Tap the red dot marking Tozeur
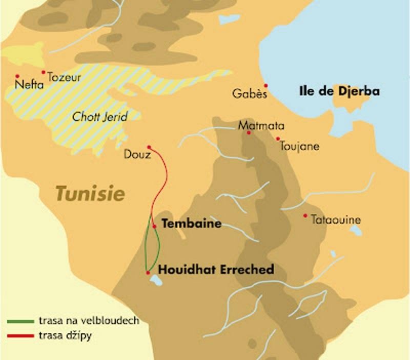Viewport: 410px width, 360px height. click(x=44, y=72)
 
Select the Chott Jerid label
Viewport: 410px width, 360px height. click(x=99, y=116)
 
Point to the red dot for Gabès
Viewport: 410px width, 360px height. click(x=265, y=86)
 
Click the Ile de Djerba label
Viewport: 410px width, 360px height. click(x=339, y=92)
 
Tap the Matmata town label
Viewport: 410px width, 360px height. click(x=261, y=126)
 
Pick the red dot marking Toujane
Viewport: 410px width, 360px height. click(x=278, y=138)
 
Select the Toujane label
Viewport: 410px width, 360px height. click(x=300, y=146)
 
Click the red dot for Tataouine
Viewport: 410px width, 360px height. click(x=305, y=215)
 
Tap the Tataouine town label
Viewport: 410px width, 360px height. click(x=336, y=220)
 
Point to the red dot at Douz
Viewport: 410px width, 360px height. click(x=149, y=147)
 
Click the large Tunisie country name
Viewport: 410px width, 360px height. click(x=90, y=194)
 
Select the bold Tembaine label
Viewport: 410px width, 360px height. click(x=191, y=224)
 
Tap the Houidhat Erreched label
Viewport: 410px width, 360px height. click(x=216, y=269)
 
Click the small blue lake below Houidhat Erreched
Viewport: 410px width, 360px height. click(x=154, y=281)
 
